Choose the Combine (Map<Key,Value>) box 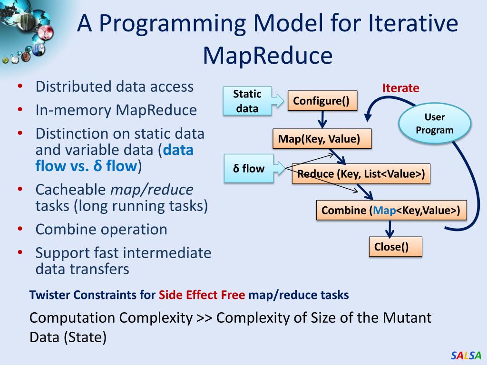(391, 211)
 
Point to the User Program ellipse (434, 124)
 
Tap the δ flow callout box (249, 168)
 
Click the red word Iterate (401, 88)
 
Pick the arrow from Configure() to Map (322, 119)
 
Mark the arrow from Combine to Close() (390, 229)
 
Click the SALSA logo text (466, 355)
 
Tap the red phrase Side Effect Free (202, 295)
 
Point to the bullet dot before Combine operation (20, 230)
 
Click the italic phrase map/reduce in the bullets (152, 190)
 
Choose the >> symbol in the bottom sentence (204, 317)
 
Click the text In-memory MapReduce (116, 110)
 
